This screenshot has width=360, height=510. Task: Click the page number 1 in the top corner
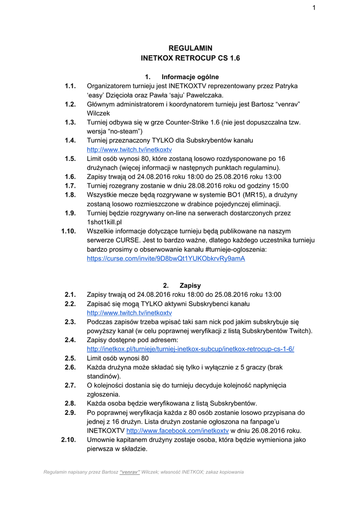coord(314,7)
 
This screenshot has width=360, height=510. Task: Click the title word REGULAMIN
coord(191,48)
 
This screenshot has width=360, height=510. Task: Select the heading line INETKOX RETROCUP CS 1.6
coord(191,58)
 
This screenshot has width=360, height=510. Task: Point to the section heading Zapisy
coord(190,285)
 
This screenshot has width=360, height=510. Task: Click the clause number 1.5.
coord(70,158)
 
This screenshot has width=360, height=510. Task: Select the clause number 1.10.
coord(68,231)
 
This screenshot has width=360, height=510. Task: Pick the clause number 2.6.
coord(70,367)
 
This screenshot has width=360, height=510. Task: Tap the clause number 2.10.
coord(68,440)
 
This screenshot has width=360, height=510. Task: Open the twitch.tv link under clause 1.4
coord(129,149)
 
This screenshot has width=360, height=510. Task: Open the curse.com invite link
coord(166,259)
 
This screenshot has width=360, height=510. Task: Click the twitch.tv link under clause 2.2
coord(129,313)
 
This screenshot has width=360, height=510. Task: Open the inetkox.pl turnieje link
coord(190,349)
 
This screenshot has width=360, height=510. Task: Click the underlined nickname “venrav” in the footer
coord(129,472)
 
